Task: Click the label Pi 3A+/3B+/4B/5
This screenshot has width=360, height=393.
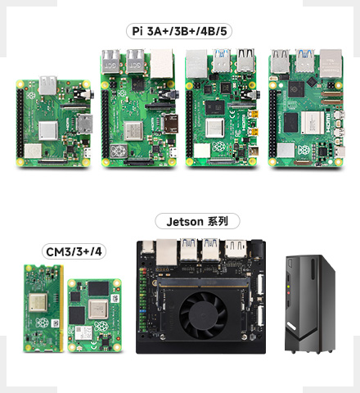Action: [x=179, y=31]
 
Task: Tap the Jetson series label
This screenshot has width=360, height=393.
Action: [x=197, y=221]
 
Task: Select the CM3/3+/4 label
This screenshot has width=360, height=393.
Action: [x=74, y=251]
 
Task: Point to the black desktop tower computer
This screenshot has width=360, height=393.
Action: [x=309, y=304]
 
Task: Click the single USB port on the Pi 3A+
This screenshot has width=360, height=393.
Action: [x=48, y=85]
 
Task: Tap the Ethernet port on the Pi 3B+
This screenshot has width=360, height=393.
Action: [x=162, y=63]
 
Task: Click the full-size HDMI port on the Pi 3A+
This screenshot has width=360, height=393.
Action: [x=85, y=124]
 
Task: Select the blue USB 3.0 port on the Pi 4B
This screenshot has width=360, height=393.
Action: [x=222, y=61]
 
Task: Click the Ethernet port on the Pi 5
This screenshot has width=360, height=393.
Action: [x=331, y=63]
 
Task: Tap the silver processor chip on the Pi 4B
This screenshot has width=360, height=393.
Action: [x=215, y=128]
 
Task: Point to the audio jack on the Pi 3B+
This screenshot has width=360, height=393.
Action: [x=169, y=95]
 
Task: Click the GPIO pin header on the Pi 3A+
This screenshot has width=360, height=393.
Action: [x=20, y=123]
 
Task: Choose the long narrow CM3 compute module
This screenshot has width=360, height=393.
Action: [x=43, y=308]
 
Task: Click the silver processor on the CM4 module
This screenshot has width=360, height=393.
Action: [x=98, y=309]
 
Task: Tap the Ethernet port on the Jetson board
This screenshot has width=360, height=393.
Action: [x=167, y=252]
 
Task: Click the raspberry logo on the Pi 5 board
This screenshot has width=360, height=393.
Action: [x=304, y=149]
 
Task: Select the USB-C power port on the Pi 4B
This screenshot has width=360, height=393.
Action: [x=254, y=151]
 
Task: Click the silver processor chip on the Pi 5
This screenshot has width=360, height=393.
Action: [x=313, y=123]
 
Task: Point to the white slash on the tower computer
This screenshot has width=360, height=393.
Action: [x=291, y=326]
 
